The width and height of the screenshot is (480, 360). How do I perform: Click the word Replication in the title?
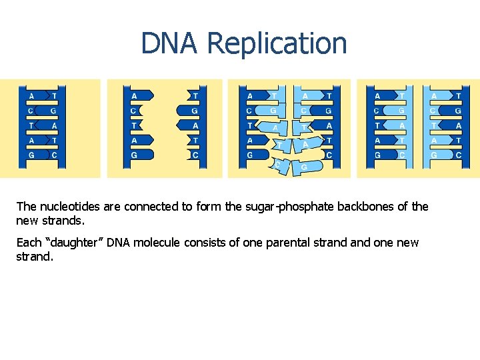pos(277,43)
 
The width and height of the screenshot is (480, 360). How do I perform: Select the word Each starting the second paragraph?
pos(28,243)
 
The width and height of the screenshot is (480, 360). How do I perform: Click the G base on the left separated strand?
pos(135,155)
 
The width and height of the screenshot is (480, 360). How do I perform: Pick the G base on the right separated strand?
pos(193,111)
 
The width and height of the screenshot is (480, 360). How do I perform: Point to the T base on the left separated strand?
pos(135,125)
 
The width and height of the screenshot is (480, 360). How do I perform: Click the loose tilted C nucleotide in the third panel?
pos(279,164)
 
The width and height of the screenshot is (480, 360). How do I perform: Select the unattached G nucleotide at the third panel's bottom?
pos(303,167)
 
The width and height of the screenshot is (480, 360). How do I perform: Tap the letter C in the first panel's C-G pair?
pos(31,111)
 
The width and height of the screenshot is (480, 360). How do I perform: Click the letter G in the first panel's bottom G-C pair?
pos(31,155)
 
